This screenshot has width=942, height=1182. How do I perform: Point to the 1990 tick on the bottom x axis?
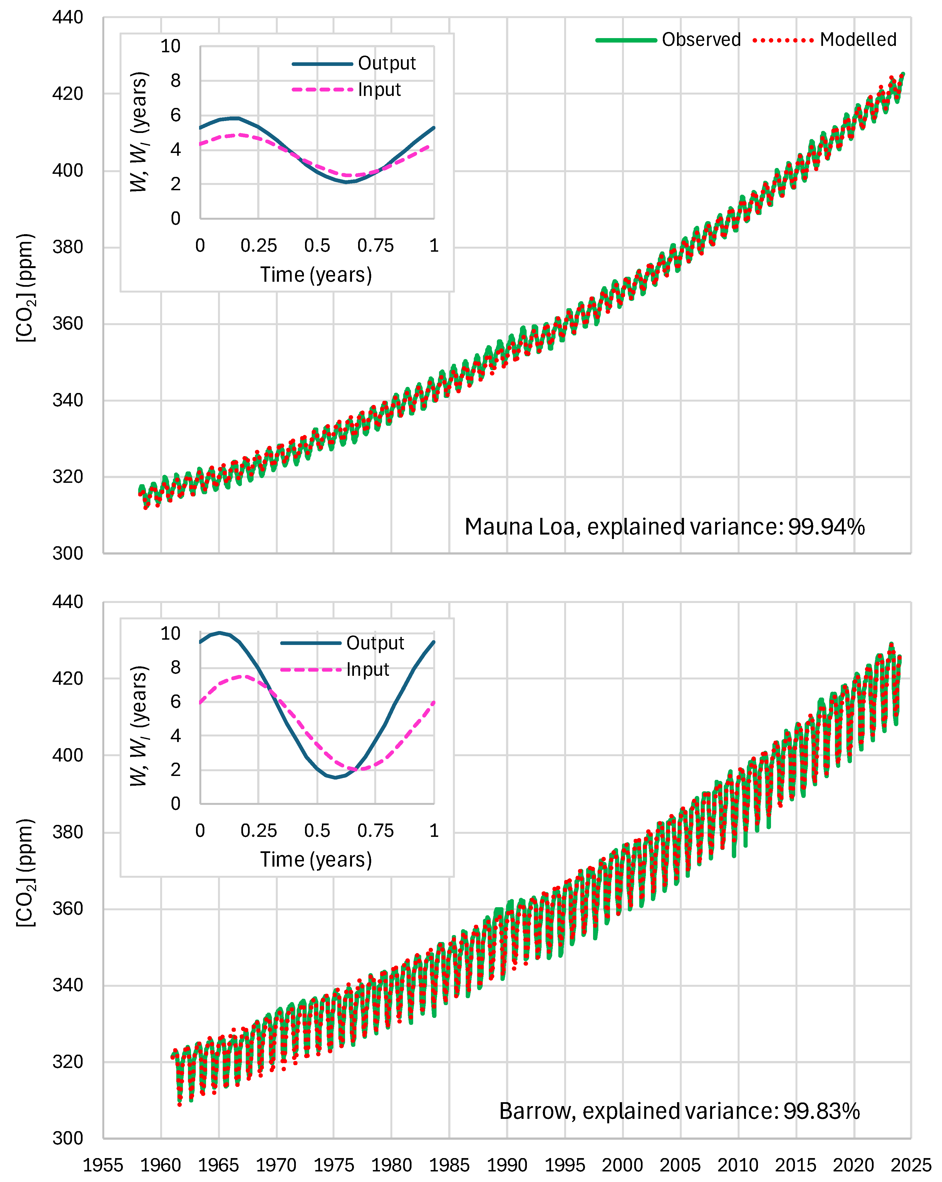(x=507, y=1164)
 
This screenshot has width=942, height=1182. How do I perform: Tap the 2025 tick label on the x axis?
(x=911, y=1164)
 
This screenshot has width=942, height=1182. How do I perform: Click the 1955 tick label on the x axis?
(x=103, y=1164)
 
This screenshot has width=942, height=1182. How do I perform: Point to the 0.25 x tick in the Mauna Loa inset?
(x=259, y=246)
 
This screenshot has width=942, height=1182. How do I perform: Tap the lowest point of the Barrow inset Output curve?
(x=335, y=777)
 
